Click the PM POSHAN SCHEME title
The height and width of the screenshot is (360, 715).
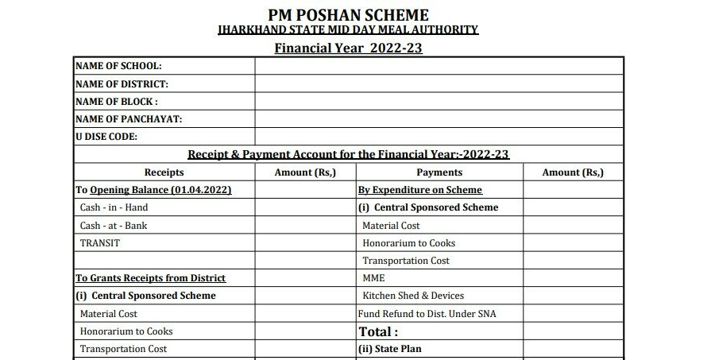(x=348, y=14)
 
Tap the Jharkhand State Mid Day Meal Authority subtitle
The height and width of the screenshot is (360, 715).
(x=348, y=30)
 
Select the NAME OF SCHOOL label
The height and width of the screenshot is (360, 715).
(x=118, y=66)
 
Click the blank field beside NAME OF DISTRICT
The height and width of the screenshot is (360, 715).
(x=439, y=83)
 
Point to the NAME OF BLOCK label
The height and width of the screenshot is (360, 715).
(x=116, y=102)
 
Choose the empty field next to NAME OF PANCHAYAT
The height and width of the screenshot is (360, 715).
(x=439, y=119)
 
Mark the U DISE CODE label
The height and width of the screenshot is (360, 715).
(x=106, y=137)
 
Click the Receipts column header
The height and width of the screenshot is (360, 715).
(x=164, y=172)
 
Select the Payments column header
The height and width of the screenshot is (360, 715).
(x=439, y=172)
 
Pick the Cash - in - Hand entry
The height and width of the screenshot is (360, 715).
(x=114, y=207)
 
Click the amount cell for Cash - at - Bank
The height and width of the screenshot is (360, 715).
(x=305, y=226)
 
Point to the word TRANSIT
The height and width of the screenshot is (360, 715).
(x=99, y=243)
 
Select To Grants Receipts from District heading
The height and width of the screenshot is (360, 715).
(x=151, y=278)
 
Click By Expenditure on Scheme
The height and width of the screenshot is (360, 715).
(x=420, y=190)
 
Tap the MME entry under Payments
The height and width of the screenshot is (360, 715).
(x=373, y=278)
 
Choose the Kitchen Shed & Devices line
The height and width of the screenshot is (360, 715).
(x=413, y=296)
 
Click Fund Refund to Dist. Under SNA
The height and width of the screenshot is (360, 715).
(x=427, y=314)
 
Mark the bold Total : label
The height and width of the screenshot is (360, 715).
(x=378, y=331)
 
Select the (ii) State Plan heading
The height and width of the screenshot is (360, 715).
(x=390, y=349)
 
